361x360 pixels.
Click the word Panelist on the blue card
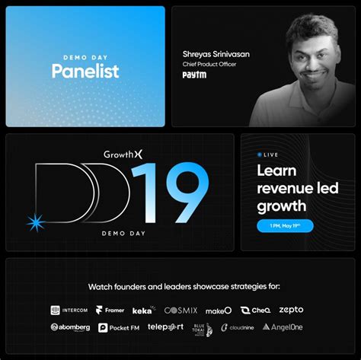coord(85,72)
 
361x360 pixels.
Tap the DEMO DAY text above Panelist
coord(85,55)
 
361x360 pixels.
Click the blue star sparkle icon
coord(35,222)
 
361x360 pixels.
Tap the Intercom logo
coord(70,310)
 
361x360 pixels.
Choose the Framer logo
coord(110,310)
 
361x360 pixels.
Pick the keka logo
coord(142,310)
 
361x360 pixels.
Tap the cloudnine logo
coord(237,327)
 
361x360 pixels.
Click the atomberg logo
coord(70,327)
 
